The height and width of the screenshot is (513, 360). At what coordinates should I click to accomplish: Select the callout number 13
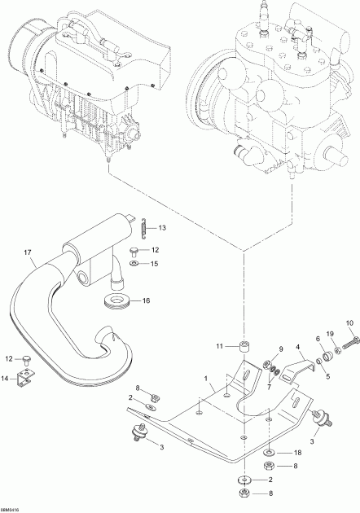[x=162, y=227]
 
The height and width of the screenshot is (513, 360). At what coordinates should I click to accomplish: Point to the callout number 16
[x=147, y=300]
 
